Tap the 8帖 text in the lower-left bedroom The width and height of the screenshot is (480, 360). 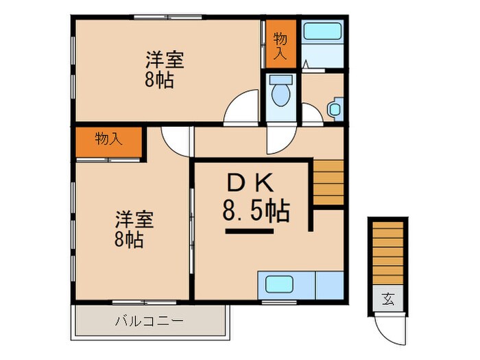(129, 241)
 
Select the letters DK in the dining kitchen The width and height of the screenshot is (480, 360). (251, 183)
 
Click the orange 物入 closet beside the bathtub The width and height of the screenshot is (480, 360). (281, 44)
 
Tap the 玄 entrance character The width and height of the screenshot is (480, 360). (389, 299)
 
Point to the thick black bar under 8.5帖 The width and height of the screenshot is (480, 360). (249, 232)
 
